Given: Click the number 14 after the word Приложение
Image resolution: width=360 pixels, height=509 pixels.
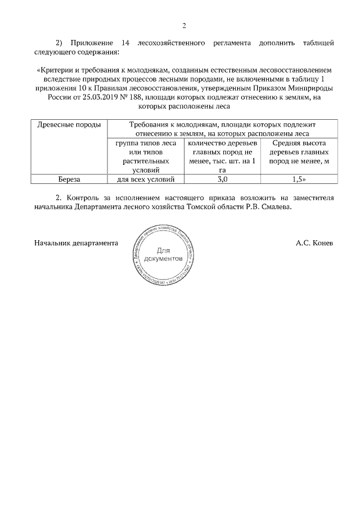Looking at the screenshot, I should [126, 43].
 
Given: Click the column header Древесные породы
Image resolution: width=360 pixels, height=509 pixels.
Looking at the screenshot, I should [69, 124].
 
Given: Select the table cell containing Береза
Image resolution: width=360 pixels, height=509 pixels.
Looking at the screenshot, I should [70, 179].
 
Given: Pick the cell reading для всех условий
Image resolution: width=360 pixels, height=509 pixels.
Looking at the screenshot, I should [146, 179].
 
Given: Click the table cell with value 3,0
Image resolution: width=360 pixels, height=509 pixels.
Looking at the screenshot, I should [222, 179].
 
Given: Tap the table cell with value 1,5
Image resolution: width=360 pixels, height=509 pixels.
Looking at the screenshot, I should [299, 179].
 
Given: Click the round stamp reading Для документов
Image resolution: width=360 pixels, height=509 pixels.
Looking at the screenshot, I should [163, 255].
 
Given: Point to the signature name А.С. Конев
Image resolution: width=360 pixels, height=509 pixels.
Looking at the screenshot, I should [314, 244].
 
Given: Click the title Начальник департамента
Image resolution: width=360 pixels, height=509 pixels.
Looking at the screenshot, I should [76, 244].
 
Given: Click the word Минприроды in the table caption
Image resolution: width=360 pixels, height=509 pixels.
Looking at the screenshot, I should [312, 88].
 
